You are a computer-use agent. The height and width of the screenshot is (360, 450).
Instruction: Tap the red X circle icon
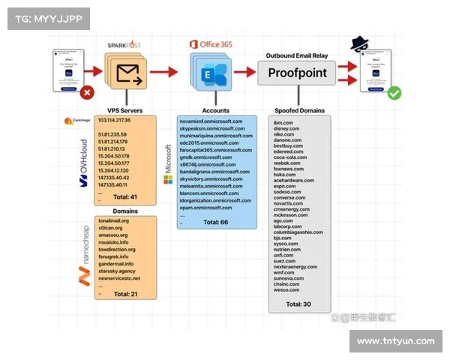coord(87,94)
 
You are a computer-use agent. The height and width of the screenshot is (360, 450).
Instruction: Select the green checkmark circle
coord(394,94)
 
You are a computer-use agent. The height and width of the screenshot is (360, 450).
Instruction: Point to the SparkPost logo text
coord(124,44)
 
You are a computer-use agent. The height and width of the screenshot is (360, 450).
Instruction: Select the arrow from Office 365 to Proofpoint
coord(244,72)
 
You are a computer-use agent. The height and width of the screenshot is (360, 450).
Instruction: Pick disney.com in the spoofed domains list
coord(287,128)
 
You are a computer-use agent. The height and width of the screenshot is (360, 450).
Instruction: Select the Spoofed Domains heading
coord(300,110)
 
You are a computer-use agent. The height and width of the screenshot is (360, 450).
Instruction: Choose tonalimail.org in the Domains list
coord(114,220)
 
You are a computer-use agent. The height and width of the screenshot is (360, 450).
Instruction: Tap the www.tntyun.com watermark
coord(396,341)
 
